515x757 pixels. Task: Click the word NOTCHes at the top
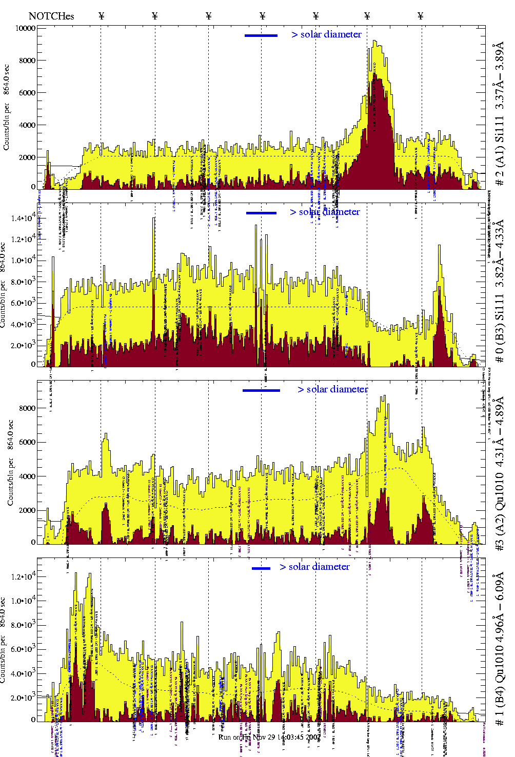pyautogui.click(x=51, y=16)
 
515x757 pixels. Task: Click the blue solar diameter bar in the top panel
pyautogui.click(x=261, y=35)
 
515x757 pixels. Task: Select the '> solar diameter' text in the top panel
pyautogui.click(x=327, y=34)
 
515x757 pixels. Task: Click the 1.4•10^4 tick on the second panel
pyautogui.click(x=23, y=219)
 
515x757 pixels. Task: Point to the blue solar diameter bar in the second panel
pyautogui.click(x=261, y=213)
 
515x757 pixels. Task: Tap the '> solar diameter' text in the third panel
pyautogui.click(x=333, y=389)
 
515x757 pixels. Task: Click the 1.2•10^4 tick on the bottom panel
pyautogui.click(x=23, y=577)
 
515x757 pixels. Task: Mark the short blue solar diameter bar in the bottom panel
pyautogui.click(x=261, y=568)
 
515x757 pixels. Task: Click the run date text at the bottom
pyautogui.click(x=270, y=737)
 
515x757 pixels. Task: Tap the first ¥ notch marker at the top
pyautogui.click(x=102, y=16)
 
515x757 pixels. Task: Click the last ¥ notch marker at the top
pyautogui.click(x=421, y=16)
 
